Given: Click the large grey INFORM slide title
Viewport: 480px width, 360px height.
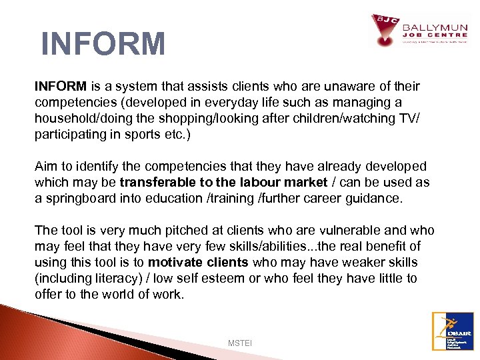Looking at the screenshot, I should click(x=103, y=44).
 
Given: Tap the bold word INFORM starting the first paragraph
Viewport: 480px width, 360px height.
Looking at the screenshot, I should click(x=61, y=87).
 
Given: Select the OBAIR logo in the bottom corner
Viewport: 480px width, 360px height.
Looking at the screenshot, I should click(x=453, y=331).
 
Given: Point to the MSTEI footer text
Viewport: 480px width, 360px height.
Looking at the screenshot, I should click(x=239, y=343).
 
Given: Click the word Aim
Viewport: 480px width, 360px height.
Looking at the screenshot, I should click(x=47, y=167).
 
